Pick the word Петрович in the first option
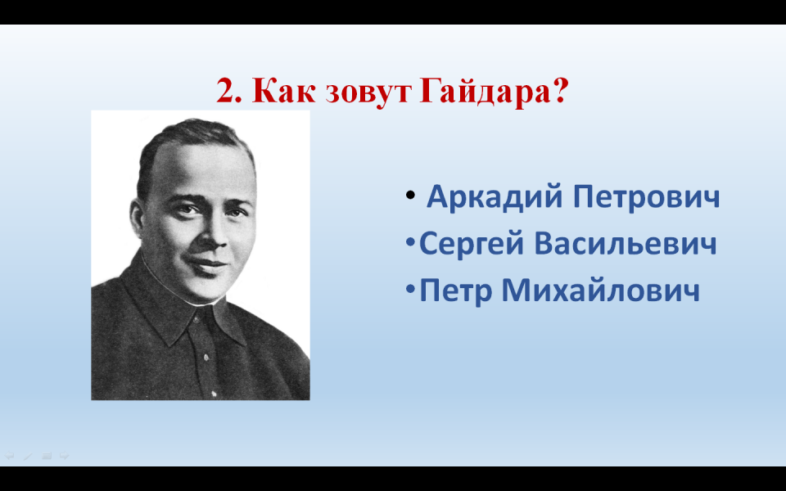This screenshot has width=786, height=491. (x=646, y=197)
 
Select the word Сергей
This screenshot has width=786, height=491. (x=472, y=244)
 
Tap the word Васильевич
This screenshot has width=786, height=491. (x=625, y=244)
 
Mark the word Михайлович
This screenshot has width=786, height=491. (x=600, y=291)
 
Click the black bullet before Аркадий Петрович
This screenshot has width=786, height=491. (x=410, y=196)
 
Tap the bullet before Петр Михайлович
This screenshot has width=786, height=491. (x=410, y=290)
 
